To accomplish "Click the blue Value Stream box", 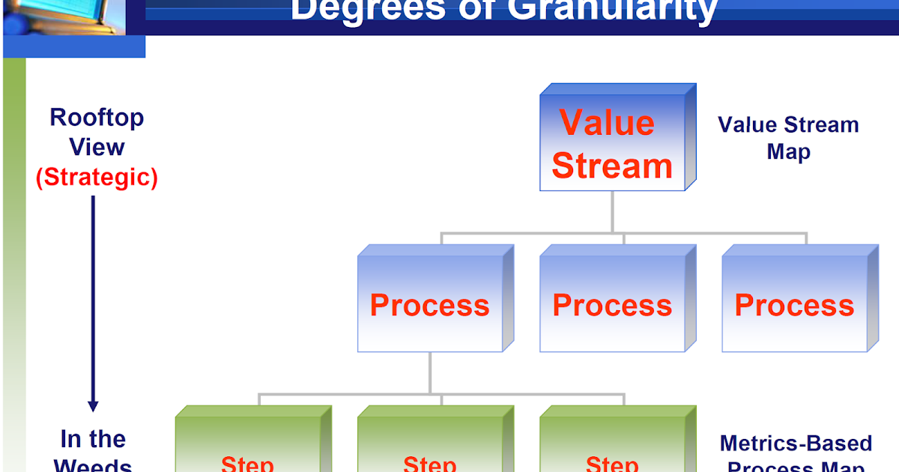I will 612,142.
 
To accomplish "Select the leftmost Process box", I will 430,303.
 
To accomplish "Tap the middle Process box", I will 612,303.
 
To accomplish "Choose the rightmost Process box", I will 794,303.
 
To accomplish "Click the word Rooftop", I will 97,118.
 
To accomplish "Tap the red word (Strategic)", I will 97,178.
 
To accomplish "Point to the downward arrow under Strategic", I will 93,300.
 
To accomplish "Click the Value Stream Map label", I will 788,138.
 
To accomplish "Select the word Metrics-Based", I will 796,443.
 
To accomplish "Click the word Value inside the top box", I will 607,123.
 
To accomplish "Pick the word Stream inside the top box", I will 612,166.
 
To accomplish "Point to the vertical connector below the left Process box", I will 430,372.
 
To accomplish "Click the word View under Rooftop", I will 97,147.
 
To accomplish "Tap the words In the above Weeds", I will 93,438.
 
